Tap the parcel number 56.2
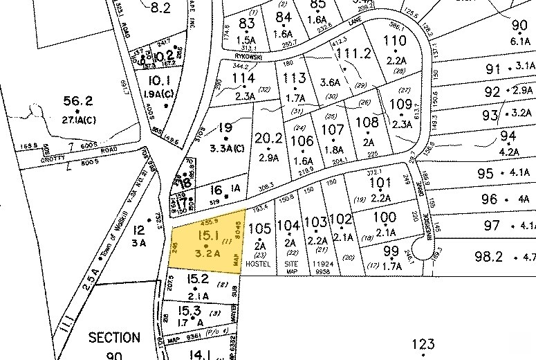pyautogui.click(x=78, y=99)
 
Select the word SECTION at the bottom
pyautogui.click(x=114, y=339)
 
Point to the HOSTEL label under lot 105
pyautogui.click(x=258, y=264)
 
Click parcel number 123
pyautogui.click(x=423, y=344)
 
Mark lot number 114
pyautogui.click(x=244, y=78)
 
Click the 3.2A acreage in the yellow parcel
pyautogui.click(x=207, y=253)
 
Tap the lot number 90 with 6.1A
pyautogui.click(x=519, y=26)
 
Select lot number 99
pyautogui.click(x=391, y=251)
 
